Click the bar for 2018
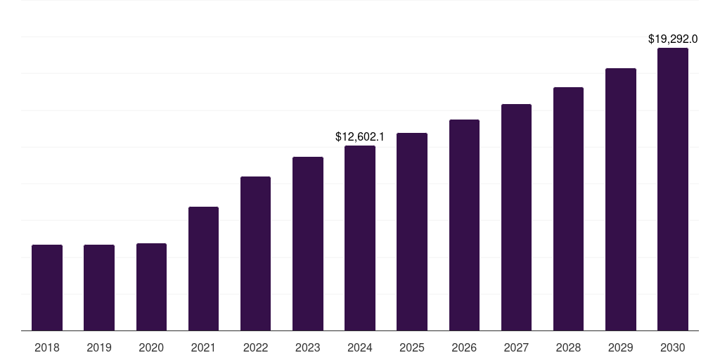(x=47, y=288)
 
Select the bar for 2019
(x=99, y=288)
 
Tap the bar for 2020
(x=151, y=287)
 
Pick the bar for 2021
(x=203, y=269)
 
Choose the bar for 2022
(x=255, y=253)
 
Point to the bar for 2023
(x=308, y=243)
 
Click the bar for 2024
(x=360, y=238)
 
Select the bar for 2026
(x=464, y=225)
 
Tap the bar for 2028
(x=568, y=209)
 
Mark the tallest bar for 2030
(x=672, y=189)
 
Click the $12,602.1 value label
(x=360, y=136)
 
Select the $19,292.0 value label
(x=672, y=39)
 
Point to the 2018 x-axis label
(x=47, y=347)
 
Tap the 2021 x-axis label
(x=203, y=347)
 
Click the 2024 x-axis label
(x=360, y=347)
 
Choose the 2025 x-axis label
(x=412, y=347)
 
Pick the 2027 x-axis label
(x=516, y=347)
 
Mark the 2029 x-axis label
(x=620, y=347)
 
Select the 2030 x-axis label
(x=672, y=347)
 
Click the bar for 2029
(x=620, y=199)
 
